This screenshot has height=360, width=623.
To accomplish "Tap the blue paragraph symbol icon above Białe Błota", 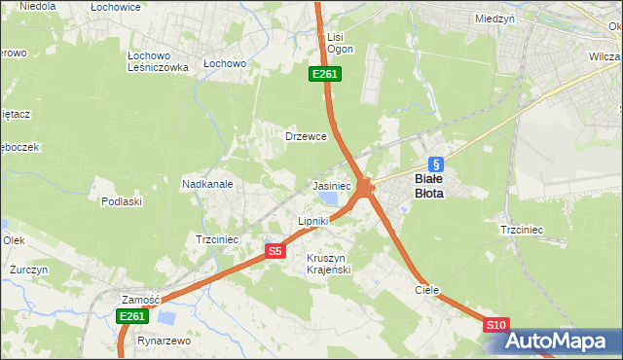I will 436,164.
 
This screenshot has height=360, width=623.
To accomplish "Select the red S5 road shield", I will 275,251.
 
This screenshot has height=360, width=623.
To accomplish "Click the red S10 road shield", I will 495,325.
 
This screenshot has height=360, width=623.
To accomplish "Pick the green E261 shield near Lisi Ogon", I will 324,74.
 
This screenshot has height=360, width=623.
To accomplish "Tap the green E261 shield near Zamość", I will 132,316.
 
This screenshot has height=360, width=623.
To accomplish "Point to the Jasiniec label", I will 331,185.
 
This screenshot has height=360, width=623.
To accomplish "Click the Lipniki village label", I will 313,221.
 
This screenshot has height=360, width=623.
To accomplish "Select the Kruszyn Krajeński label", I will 328,263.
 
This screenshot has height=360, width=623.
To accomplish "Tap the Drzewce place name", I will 304,137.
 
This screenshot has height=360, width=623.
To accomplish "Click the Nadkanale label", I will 206,183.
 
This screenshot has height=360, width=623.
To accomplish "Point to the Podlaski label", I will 122,201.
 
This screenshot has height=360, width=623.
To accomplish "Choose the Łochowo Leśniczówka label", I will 158,61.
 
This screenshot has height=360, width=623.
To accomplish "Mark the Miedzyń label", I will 495,18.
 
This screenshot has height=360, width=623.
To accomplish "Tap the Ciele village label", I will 427,290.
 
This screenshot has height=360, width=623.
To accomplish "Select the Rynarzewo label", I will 164,342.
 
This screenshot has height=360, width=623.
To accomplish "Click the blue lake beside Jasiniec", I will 327,199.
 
